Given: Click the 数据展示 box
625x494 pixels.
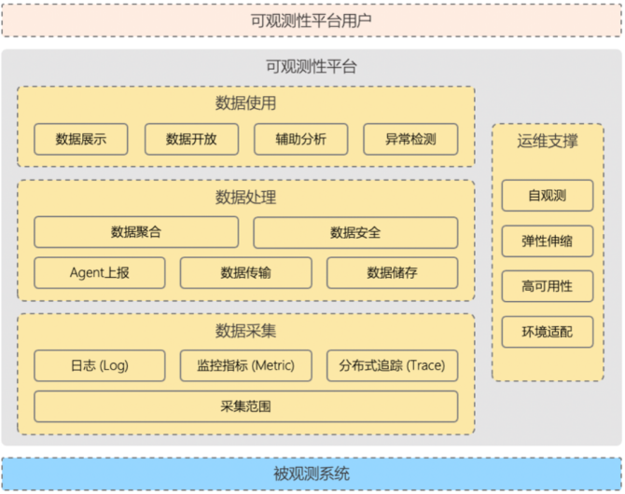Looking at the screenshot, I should pos(81,139).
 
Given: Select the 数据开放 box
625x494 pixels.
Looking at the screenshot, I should pos(191,139).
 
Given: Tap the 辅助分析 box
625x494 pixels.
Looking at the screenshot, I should pos(300,139).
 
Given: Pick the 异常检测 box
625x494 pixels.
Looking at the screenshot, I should pos(410,139).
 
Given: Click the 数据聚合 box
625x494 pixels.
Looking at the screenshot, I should pos(136,232).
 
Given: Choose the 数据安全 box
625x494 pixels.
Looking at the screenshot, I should pos(355,232).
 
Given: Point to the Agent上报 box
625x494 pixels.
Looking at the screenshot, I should pos(100,272).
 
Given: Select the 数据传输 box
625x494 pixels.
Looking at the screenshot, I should pos(246,272).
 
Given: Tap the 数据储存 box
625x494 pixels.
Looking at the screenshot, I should pos(392,272).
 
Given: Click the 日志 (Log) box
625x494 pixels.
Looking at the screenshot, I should pos(100,365).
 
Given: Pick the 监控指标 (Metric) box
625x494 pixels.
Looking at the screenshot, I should pos(246,365).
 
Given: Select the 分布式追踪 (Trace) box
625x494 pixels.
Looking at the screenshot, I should pos(392,365).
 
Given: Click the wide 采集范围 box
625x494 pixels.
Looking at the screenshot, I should pos(246,406).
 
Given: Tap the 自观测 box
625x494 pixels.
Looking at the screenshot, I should pos(548,196).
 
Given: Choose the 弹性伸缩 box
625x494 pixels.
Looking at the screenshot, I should pos(548,240).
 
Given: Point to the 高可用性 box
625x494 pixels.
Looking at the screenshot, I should pos(548,286).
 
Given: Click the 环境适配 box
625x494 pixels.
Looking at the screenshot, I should pos(548,331).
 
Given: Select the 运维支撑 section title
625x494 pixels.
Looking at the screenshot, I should pos(548,142).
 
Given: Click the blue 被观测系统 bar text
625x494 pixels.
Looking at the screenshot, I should pos(312,473).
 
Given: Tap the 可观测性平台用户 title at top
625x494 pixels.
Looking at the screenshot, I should pos(312,20).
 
